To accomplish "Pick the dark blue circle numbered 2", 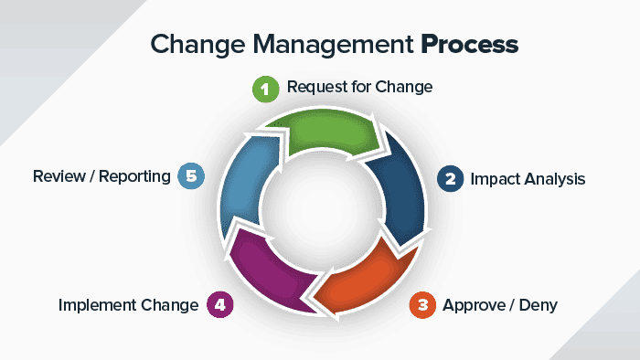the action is pyautogui.click(x=449, y=177).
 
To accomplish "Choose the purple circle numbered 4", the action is pyautogui.click(x=220, y=304).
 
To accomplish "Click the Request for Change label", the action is pyautogui.click(x=359, y=88).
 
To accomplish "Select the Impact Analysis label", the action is pyautogui.click(x=528, y=178).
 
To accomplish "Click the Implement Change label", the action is pyautogui.click(x=129, y=304).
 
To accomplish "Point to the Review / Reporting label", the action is pyautogui.click(x=101, y=175).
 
